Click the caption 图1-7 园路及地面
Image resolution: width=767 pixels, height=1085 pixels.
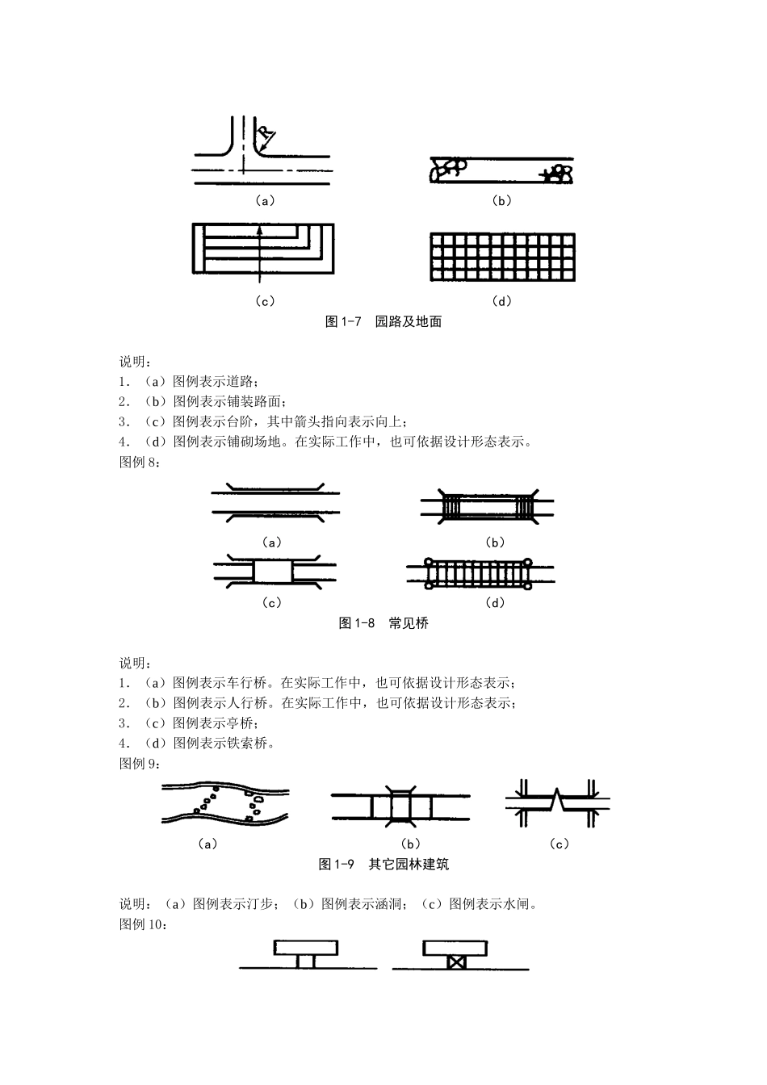383,321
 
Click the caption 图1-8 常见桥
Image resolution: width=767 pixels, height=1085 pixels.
383,623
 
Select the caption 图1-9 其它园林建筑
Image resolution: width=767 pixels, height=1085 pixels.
383,865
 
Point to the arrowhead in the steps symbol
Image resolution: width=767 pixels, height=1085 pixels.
259,230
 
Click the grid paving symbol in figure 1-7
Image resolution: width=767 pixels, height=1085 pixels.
502,258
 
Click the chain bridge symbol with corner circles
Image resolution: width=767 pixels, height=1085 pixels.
480,572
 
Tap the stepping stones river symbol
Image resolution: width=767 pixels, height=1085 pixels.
226,803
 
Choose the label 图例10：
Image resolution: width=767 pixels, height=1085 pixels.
143,924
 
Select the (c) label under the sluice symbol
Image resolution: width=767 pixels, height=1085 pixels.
559,844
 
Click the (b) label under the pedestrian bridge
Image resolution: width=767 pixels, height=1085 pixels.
494,542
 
